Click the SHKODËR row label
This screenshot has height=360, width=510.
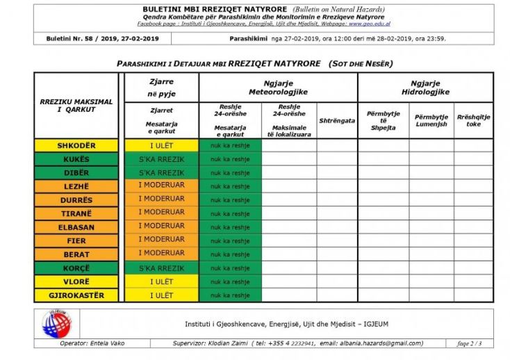[x=76, y=146]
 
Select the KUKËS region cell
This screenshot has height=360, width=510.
[x=76, y=159]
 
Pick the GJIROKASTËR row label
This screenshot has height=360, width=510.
[x=76, y=295]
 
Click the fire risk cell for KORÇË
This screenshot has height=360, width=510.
[x=161, y=268]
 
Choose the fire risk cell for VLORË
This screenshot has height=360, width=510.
[x=161, y=281]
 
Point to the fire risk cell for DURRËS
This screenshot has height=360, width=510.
[x=161, y=199]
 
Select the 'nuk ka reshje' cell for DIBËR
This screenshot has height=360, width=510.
[x=230, y=173]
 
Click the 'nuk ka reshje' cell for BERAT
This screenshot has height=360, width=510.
[x=230, y=254]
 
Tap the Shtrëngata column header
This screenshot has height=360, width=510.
[x=337, y=120]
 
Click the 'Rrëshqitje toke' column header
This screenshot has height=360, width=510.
[x=473, y=120]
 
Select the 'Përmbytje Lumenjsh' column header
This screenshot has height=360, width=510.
[x=431, y=120]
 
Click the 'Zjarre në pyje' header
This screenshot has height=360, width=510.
[x=161, y=86]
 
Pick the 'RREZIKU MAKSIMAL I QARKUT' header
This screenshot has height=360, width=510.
[x=75, y=106]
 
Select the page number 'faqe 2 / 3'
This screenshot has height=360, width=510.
[x=470, y=343]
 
